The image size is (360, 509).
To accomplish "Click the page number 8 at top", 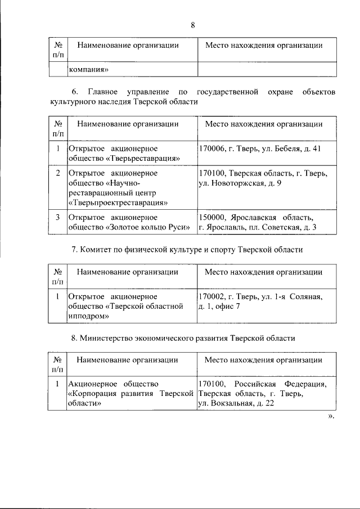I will coord(192,25).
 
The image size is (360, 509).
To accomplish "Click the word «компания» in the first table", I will coord(88,70).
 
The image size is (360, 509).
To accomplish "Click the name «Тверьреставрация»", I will coord(142,159).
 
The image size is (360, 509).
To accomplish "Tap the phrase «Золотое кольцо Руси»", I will coord(147,227).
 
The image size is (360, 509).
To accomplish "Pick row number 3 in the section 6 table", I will coord(57,217).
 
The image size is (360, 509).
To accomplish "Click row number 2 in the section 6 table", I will coord(57,173).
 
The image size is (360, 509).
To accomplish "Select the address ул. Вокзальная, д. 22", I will coord(236,404).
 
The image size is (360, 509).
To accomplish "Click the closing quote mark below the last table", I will coord(331,417).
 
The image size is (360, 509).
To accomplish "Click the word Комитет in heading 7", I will coord(97,249).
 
